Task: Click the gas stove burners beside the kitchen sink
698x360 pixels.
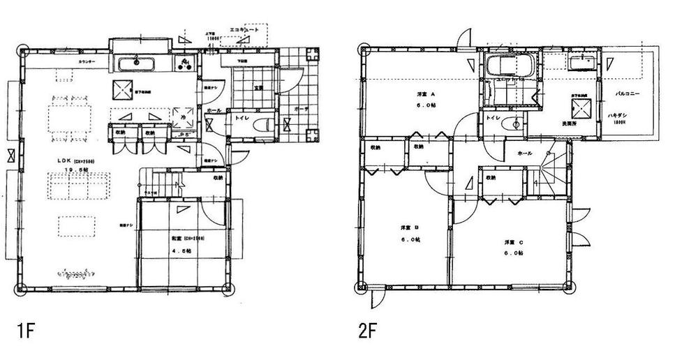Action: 186,65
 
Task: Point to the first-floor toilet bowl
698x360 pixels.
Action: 262,126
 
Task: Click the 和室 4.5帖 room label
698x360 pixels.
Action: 181,241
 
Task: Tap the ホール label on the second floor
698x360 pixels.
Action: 525,153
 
